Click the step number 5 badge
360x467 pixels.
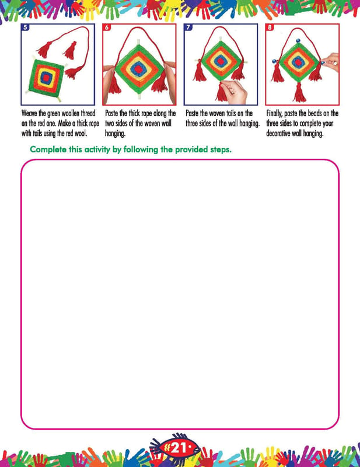click(x=25, y=27)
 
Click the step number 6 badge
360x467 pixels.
click(x=107, y=27)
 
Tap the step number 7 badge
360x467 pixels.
click(x=188, y=27)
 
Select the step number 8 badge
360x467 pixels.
click(x=270, y=27)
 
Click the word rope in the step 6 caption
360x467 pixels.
click(x=146, y=113)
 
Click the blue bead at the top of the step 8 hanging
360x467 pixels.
click(x=298, y=40)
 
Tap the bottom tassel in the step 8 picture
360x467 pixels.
click(x=299, y=93)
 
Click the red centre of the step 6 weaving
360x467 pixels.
click(x=138, y=69)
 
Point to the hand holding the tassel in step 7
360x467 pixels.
click(x=235, y=92)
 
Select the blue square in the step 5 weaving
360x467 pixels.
click(x=46, y=78)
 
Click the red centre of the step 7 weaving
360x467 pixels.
click(x=221, y=62)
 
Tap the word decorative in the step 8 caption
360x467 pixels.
click(x=278, y=133)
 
